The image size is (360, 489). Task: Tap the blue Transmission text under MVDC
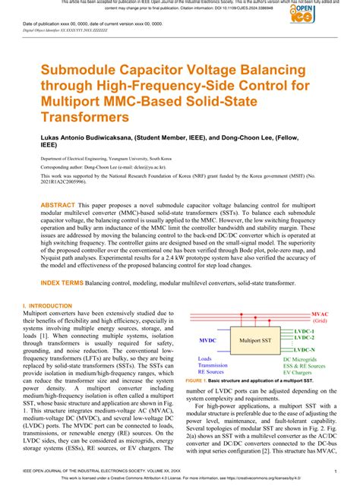[215, 365]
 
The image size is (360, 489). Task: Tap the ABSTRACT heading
[57, 206]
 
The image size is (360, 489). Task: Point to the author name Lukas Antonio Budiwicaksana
[95, 139]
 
